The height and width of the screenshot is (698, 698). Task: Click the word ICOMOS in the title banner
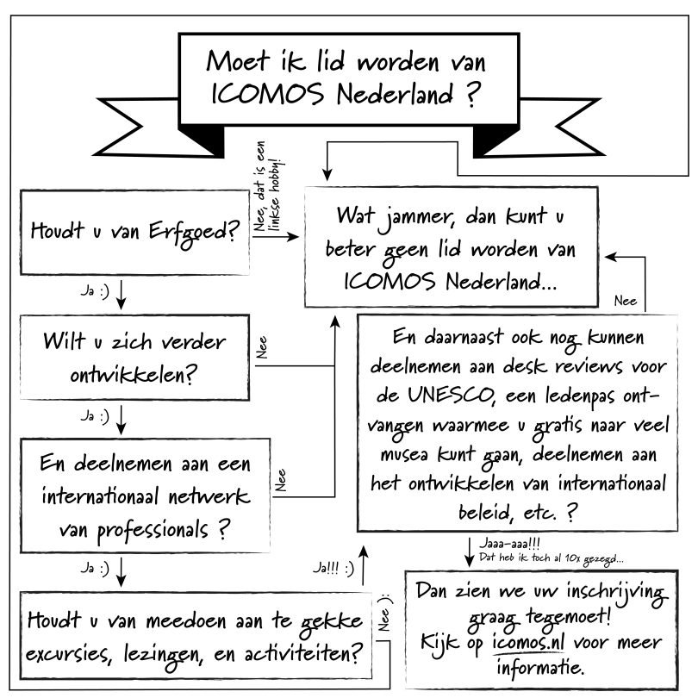point(267,94)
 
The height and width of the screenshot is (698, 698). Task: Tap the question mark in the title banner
point(472,94)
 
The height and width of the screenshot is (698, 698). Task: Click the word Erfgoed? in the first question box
point(194,233)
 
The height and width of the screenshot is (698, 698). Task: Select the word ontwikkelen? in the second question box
point(134,375)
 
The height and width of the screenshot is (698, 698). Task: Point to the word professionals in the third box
point(153,530)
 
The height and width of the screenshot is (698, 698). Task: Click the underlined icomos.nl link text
point(528,642)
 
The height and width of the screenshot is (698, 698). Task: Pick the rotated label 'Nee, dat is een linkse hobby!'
point(267,186)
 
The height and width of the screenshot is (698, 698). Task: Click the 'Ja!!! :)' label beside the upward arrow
point(333,568)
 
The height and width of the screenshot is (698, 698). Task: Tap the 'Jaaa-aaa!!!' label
point(509,544)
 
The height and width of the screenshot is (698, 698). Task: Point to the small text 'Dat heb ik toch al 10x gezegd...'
point(552,558)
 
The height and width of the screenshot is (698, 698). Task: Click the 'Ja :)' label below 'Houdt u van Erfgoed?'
point(95,290)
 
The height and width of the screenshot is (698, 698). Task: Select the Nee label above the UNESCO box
point(626,301)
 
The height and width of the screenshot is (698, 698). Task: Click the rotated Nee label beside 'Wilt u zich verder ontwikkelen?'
point(262,347)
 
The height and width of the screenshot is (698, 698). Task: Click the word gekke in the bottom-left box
point(331,622)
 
